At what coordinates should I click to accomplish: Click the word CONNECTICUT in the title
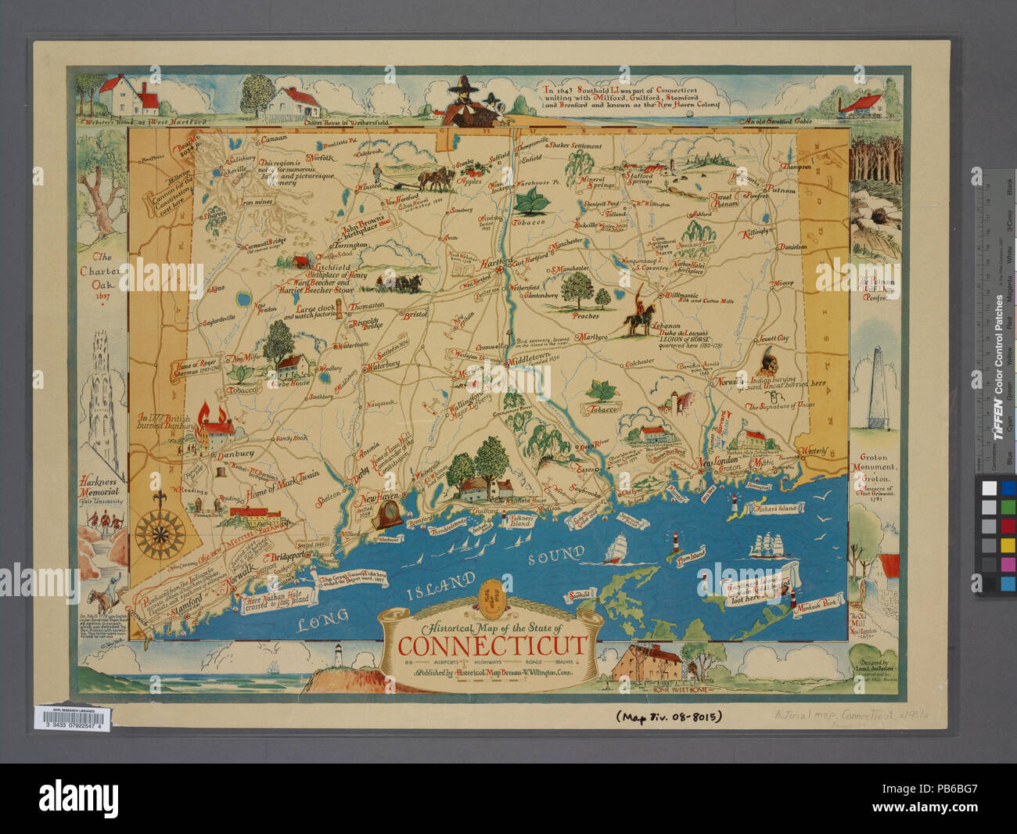[x=492, y=646]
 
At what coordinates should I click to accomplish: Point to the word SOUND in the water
[x=555, y=555]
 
